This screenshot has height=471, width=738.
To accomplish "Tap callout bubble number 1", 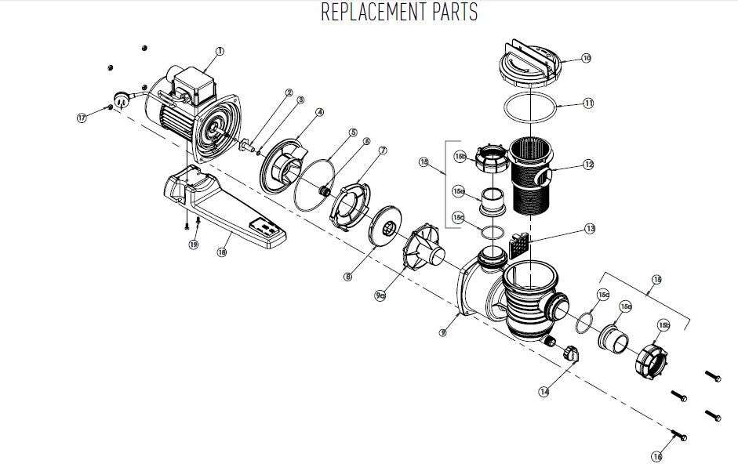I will (220, 51).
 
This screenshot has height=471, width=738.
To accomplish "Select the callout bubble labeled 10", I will (586, 58).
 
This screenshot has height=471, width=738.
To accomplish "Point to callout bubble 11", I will (588, 103).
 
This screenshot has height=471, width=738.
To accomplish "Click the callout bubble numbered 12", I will (589, 165).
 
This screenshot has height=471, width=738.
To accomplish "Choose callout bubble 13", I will (590, 229).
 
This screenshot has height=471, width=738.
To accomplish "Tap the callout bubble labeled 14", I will (544, 391).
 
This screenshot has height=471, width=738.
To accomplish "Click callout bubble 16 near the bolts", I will (657, 455).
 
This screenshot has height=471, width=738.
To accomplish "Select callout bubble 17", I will (82, 118).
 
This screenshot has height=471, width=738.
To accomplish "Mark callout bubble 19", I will (193, 245).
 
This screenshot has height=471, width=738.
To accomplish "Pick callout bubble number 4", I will (320, 112).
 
